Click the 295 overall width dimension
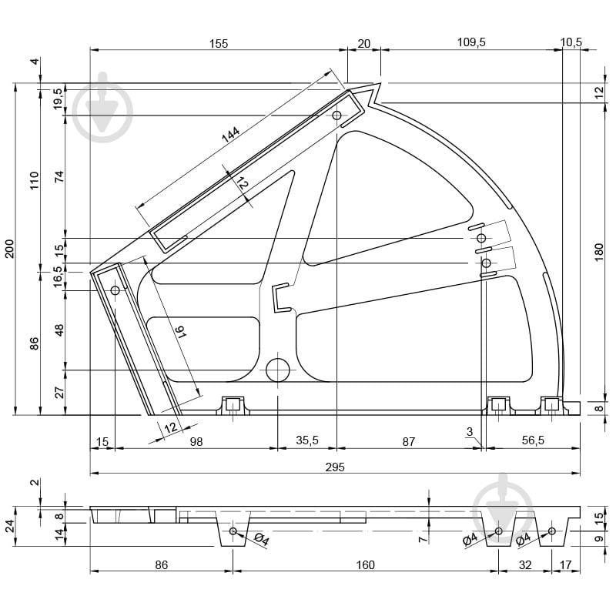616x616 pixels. pos(335,467)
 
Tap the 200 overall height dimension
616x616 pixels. pos(9,249)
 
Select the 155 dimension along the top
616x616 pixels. pos(219,43)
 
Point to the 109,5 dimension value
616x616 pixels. pos(471,42)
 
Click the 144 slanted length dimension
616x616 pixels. pos(230,134)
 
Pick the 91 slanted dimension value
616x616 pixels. pos(181,333)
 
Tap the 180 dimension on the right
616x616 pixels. pos(599,253)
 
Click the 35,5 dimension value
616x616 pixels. pos(307,440)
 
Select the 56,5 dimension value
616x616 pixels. pos(533,440)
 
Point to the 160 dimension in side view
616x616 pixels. pos(365,565)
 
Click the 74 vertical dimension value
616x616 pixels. pos(59,177)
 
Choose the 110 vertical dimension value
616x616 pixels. pos(35,180)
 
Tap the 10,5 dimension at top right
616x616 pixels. pos(571,42)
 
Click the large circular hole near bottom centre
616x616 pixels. pos(278,370)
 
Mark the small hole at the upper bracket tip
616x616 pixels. pos(336,115)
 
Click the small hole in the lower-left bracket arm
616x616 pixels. pos(115,290)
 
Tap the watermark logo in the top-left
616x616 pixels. pos(103,107)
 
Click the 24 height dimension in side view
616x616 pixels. pos(9,526)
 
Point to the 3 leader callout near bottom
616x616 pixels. pos(470,432)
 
